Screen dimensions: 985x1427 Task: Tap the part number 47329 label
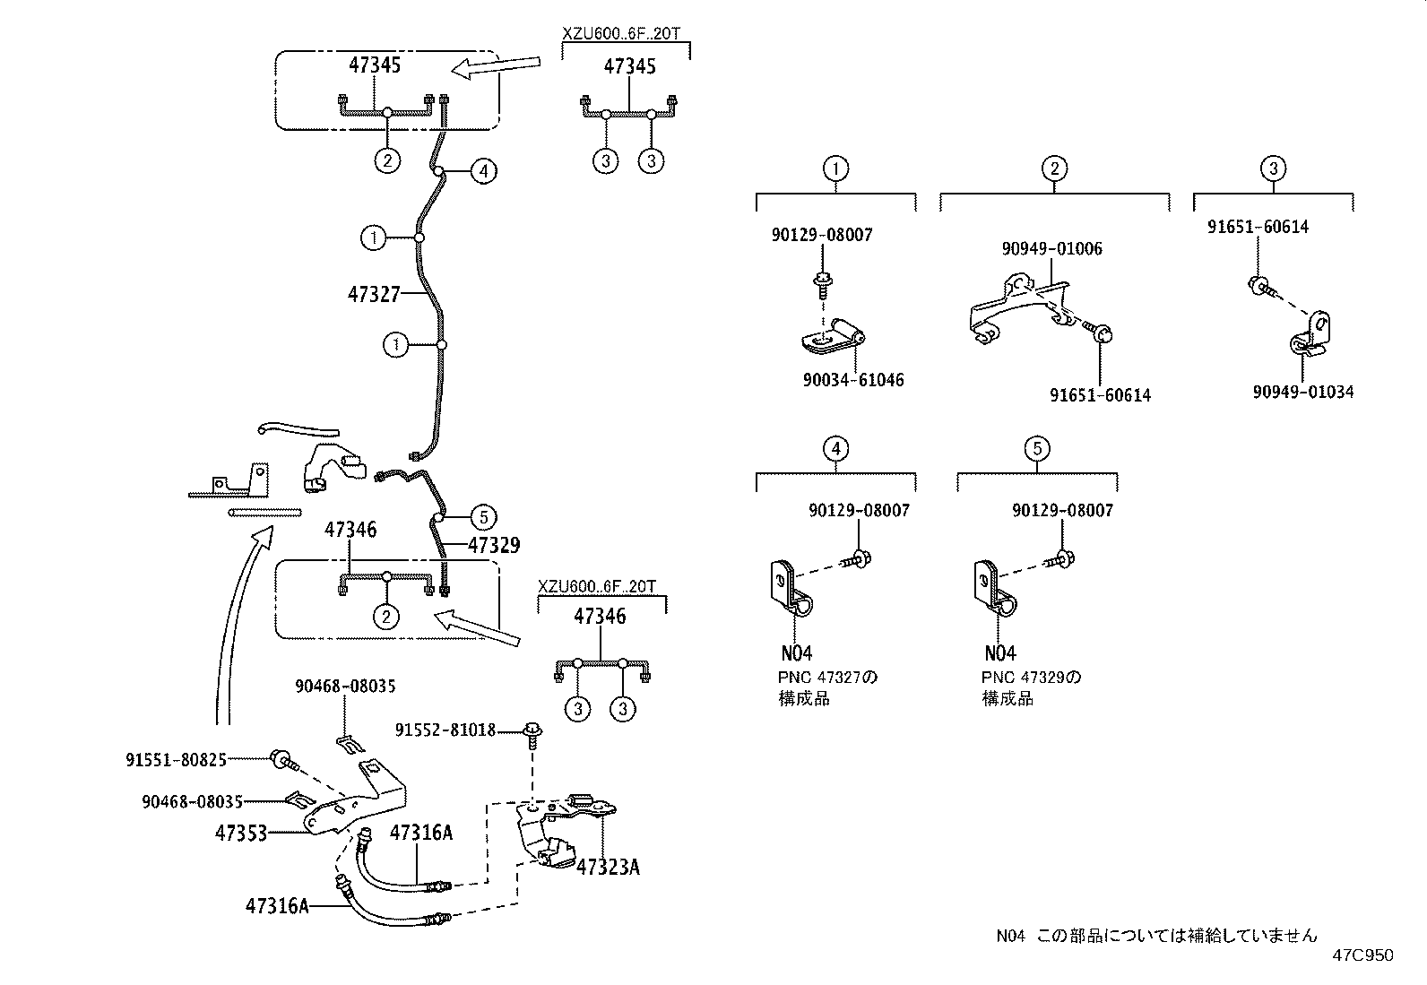[x=493, y=545]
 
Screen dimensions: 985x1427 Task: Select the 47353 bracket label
[x=241, y=833]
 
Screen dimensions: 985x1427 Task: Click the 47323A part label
[x=608, y=867]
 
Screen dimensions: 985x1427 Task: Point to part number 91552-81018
[x=445, y=730]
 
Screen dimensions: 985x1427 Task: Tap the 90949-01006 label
[x=1051, y=248]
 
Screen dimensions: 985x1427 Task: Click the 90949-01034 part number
[x=1302, y=392]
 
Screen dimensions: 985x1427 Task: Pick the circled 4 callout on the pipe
[x=482, y=170]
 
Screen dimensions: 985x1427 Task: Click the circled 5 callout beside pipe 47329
[x=482, y=516]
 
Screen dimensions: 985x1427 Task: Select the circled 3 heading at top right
[x=1273, y=168]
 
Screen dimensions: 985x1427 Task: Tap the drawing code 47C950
[x=1362, y=955]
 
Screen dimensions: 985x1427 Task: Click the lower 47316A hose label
[x=276, y=905]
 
